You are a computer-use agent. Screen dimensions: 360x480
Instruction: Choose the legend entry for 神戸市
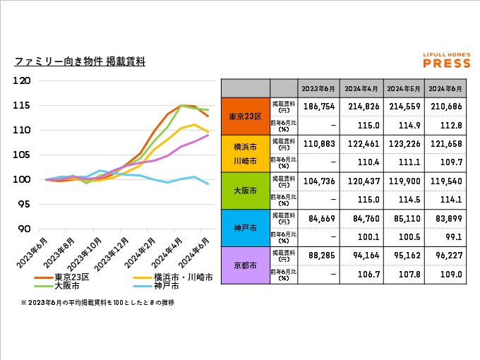(x=162, y=287)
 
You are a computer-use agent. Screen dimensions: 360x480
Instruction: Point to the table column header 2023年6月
(x=318, y=88)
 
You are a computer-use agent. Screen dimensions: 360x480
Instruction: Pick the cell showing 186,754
(x=318, y=106)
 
